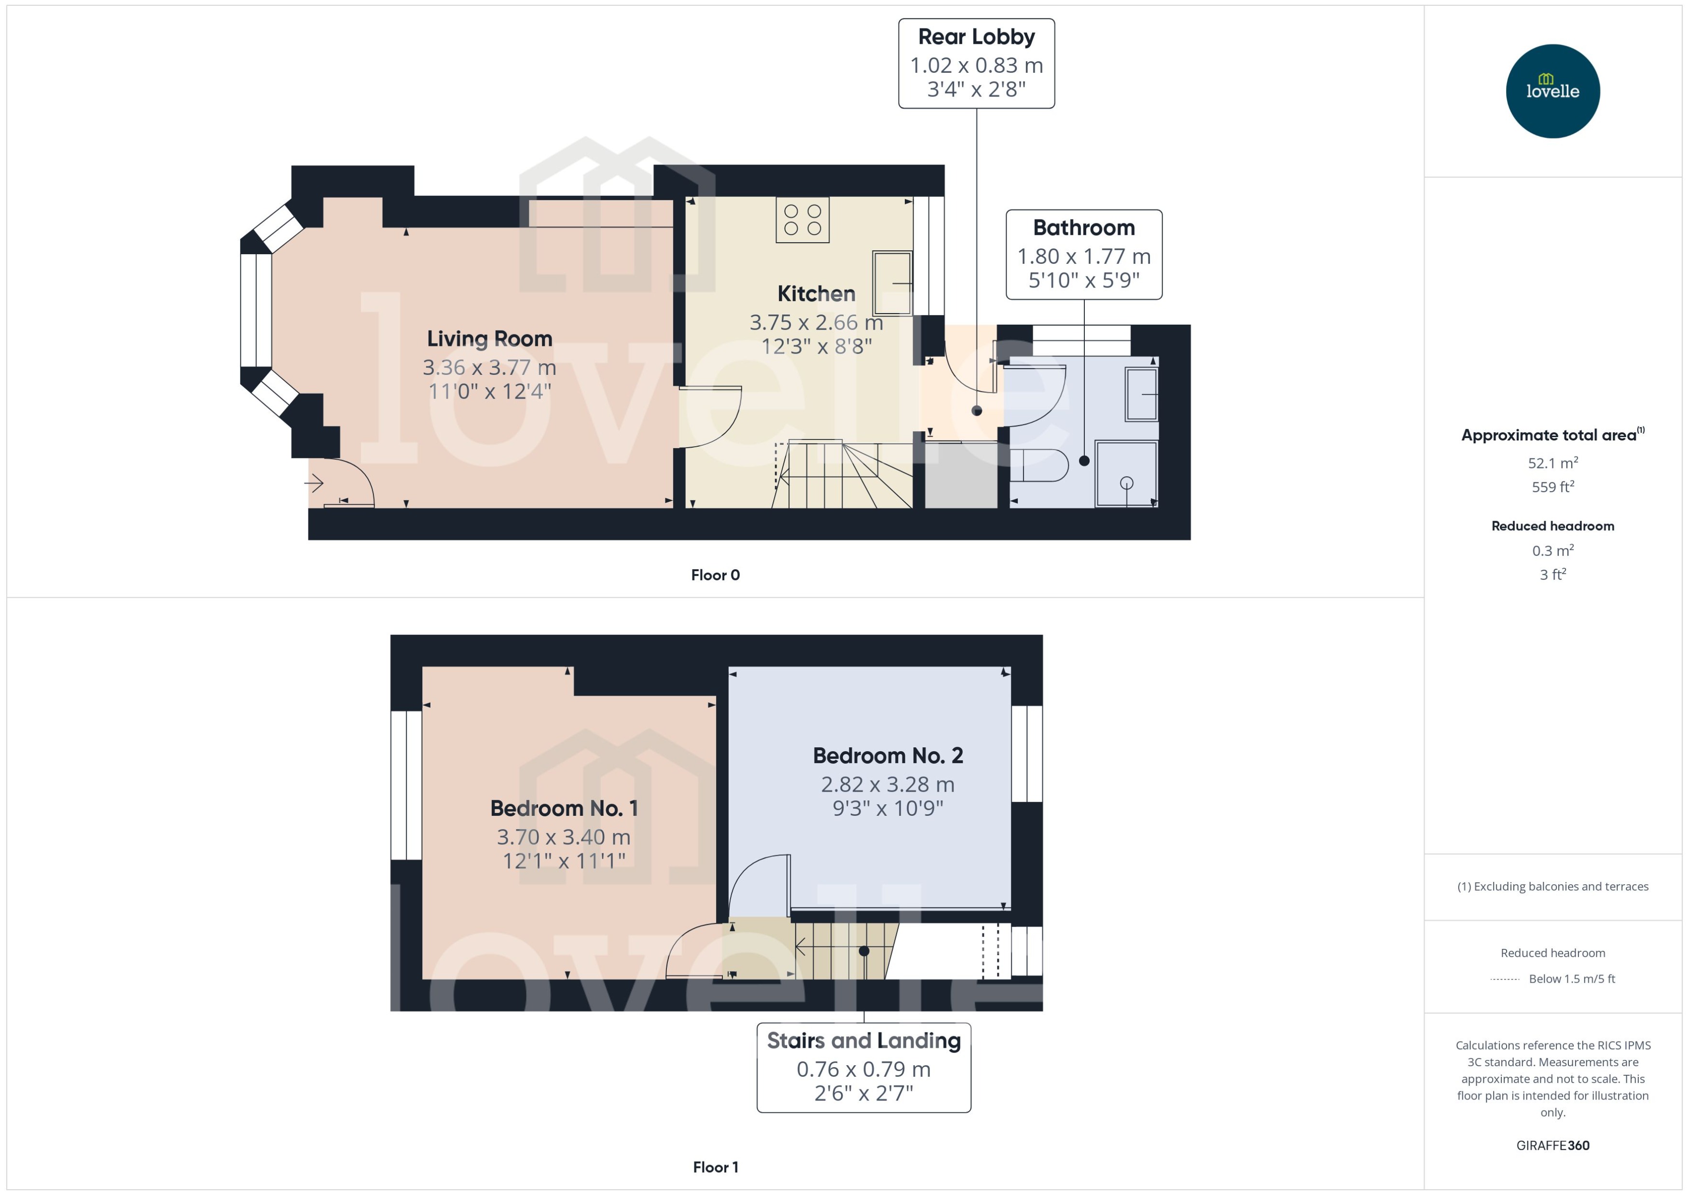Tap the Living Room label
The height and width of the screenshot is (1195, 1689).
tap(489, 339)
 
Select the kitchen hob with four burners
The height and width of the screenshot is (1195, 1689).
tap(802, 220)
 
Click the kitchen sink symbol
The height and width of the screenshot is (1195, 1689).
tap(892, 283)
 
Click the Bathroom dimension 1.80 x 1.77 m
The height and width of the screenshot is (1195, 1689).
tap(1083, 256)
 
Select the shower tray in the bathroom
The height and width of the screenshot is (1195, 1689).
tap(1126, 473)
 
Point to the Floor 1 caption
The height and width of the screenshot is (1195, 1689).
tap(715, 1167)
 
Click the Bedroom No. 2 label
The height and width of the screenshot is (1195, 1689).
tap(887, 755)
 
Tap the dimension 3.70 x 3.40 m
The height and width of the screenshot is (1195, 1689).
tap(563, 837)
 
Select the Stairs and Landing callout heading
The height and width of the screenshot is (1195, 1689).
tap(863, 1041)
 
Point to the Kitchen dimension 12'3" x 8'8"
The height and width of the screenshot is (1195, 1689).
tap(816, 346)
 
